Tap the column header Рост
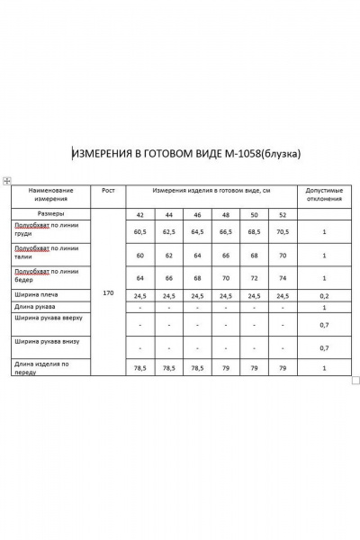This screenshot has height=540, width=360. point(109,191)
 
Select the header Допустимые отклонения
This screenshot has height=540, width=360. point(324,194)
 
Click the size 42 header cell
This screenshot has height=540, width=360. point(140,216)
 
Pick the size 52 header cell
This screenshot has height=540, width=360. point(283,216)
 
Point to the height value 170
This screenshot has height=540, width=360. point(109,293)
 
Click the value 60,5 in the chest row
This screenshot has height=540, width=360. point(140,231)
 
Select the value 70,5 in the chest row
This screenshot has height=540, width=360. point(283,231)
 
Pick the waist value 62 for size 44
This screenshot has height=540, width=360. point(168,256)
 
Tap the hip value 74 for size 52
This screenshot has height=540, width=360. point(283,278)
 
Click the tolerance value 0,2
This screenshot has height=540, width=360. point(324,294)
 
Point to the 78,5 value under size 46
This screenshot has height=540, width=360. point(197,367)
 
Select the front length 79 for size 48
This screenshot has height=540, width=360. point(226,367)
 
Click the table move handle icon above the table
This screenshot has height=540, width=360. point(7,180)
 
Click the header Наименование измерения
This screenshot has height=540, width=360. point(50,194)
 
